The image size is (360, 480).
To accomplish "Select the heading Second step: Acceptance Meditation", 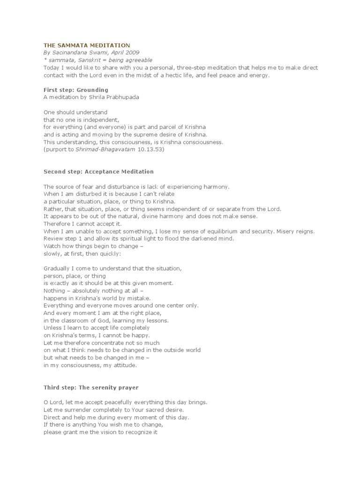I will (x=98, y=172).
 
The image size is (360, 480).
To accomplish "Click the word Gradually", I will (x=58, y=269).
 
